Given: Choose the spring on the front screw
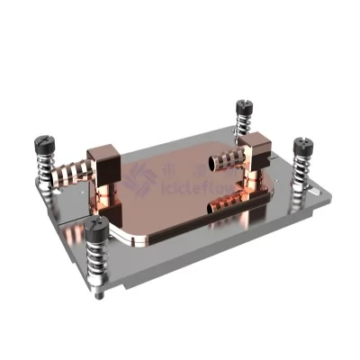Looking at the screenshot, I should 98,263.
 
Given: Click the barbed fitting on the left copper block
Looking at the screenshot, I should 70,171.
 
